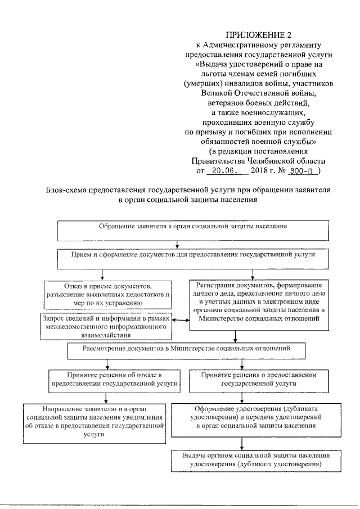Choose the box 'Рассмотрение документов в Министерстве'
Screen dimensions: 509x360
pos(186,351)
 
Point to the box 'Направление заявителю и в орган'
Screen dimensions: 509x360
pos(93,421)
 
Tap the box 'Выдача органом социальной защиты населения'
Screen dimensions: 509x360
pos(258,460)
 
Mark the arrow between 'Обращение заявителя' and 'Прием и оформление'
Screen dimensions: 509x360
pos(178,243)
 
